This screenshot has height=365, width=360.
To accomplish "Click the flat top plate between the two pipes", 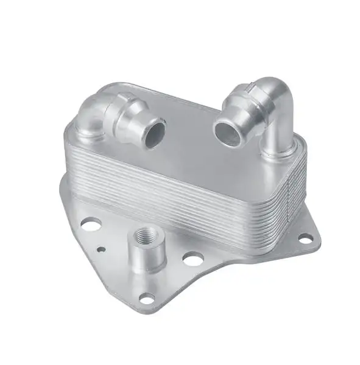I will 189,146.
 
